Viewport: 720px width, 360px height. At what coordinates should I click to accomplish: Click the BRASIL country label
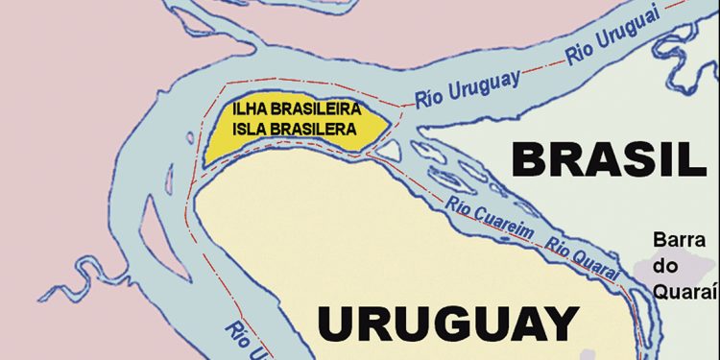[607, 158]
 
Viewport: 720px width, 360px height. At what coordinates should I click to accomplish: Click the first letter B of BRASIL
[529, 158]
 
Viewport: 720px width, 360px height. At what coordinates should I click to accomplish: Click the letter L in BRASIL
[691, 158]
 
